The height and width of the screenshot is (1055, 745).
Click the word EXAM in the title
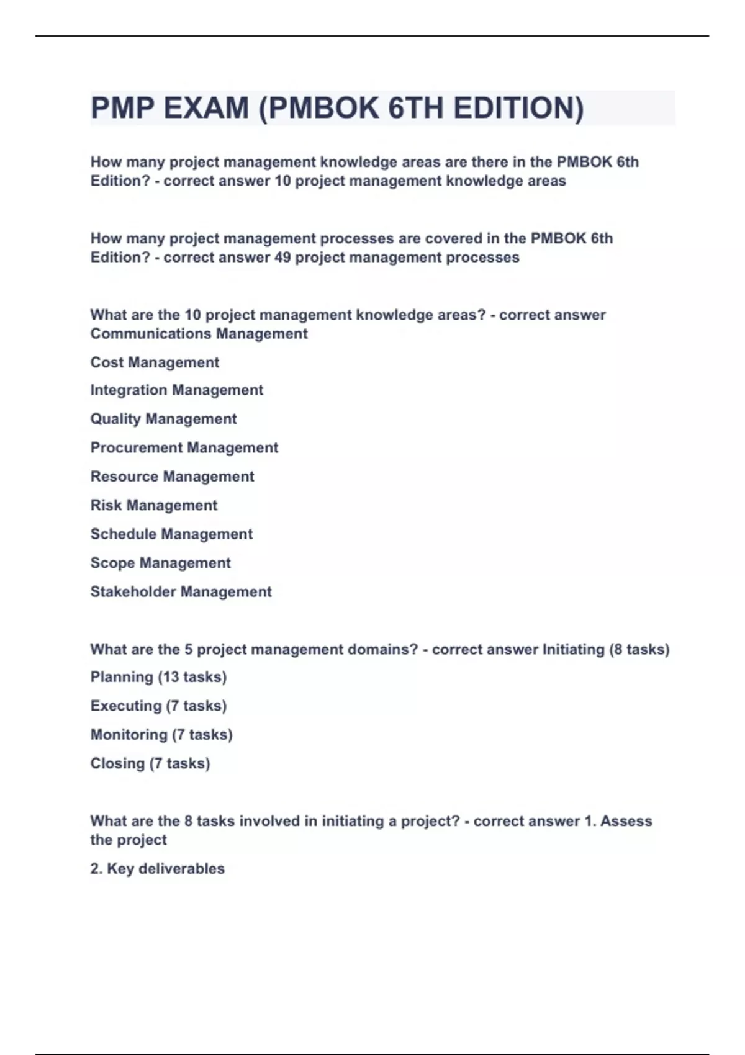click(206, 108)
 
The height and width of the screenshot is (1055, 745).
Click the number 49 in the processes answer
click(282, 258)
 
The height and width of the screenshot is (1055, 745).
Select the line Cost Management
click(155, 362)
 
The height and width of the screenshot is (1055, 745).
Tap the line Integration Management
click(176, 390)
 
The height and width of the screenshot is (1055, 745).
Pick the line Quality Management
click(163, 419)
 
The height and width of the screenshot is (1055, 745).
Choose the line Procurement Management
click(184, 447)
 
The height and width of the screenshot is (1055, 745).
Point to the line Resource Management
click(172, 477)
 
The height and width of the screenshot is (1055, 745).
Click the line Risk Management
click(153, 505)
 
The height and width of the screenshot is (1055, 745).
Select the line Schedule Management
click(171, 534)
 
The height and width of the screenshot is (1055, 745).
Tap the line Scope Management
click(160, 563)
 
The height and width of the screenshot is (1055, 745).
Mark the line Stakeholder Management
click(181, 592)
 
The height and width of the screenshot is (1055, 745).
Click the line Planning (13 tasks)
click(158, 677)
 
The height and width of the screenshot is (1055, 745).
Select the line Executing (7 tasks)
click(158, 706)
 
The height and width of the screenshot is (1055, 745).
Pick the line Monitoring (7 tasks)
click(161, 735)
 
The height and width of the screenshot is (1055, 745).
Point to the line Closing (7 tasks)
click(150, 763)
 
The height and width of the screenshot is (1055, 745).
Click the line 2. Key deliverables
click(157, 869)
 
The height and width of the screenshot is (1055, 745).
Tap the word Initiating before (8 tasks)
click(573, 650)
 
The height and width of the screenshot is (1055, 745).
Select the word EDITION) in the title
click(518, 108)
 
